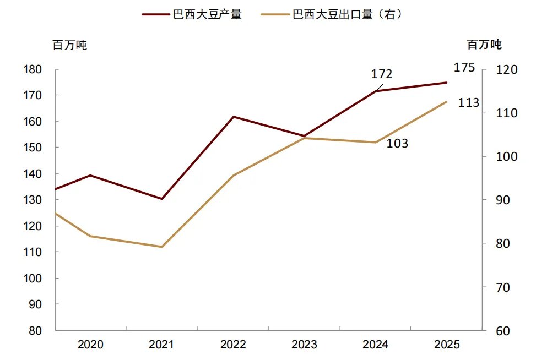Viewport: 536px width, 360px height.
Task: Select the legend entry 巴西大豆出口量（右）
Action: (x=348, y=14)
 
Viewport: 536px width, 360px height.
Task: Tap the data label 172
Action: (x=381, y=74)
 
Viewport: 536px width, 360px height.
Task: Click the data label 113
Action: (x=468, y=103)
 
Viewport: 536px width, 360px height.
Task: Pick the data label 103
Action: (x=397, y=144)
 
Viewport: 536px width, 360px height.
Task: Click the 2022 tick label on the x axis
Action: (x=233, y=345)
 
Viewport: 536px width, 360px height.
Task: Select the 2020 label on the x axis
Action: (x=90, y=345)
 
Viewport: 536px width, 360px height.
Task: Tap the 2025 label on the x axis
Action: (x=447, y=345)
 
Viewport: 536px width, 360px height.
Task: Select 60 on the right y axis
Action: (x=503, y=331)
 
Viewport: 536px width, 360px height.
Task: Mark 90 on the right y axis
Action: (x=503, y=200)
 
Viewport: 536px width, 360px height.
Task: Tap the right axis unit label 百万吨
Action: (x=484, y=44)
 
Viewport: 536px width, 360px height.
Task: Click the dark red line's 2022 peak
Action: (x=234, y=117)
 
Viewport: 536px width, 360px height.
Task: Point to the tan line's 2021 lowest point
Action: (x=162, y=247)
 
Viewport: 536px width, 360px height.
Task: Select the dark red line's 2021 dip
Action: (x=162, y=199)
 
